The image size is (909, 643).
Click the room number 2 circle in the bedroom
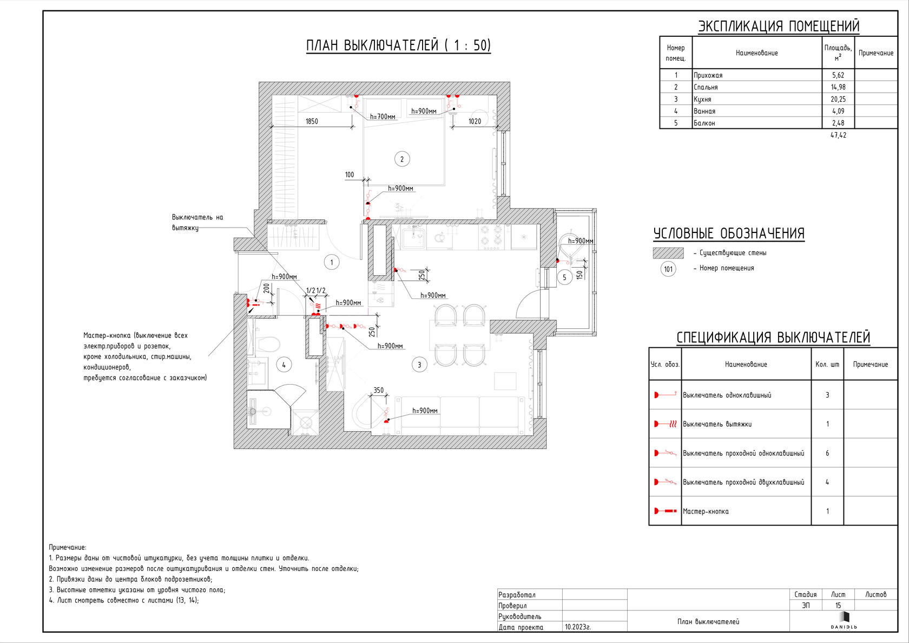[x=401, y=159]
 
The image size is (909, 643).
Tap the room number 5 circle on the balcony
[x=564, y=277]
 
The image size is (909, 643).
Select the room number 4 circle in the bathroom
[x=284, y=365]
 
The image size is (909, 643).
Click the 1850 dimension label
[x=312, y=121]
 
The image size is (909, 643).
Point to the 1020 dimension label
[x=475, y=121]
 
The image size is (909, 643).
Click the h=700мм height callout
[x=383, y=116]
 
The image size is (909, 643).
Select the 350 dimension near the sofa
[x=378, y=390]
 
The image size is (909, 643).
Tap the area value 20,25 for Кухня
[x=838, y=99]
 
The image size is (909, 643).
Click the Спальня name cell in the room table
[x=706, y=87]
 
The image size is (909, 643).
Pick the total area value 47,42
[x=838, y=135]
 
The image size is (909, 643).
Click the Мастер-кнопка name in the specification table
[x=706, y=511]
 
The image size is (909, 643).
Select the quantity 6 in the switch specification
[x=827, y=453]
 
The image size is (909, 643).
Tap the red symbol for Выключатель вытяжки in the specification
[x=665, y=424]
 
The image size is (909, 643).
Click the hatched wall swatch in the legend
[x=668, y=253]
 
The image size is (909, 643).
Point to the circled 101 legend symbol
[x=668, y=269]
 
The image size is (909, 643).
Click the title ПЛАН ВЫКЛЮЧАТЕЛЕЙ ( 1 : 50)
[x=398, y=46]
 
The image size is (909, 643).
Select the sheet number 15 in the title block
[x=838, y=606]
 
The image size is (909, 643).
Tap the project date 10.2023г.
[x=578, y=627]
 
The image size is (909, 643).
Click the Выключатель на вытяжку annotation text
[x=197, y=223]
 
